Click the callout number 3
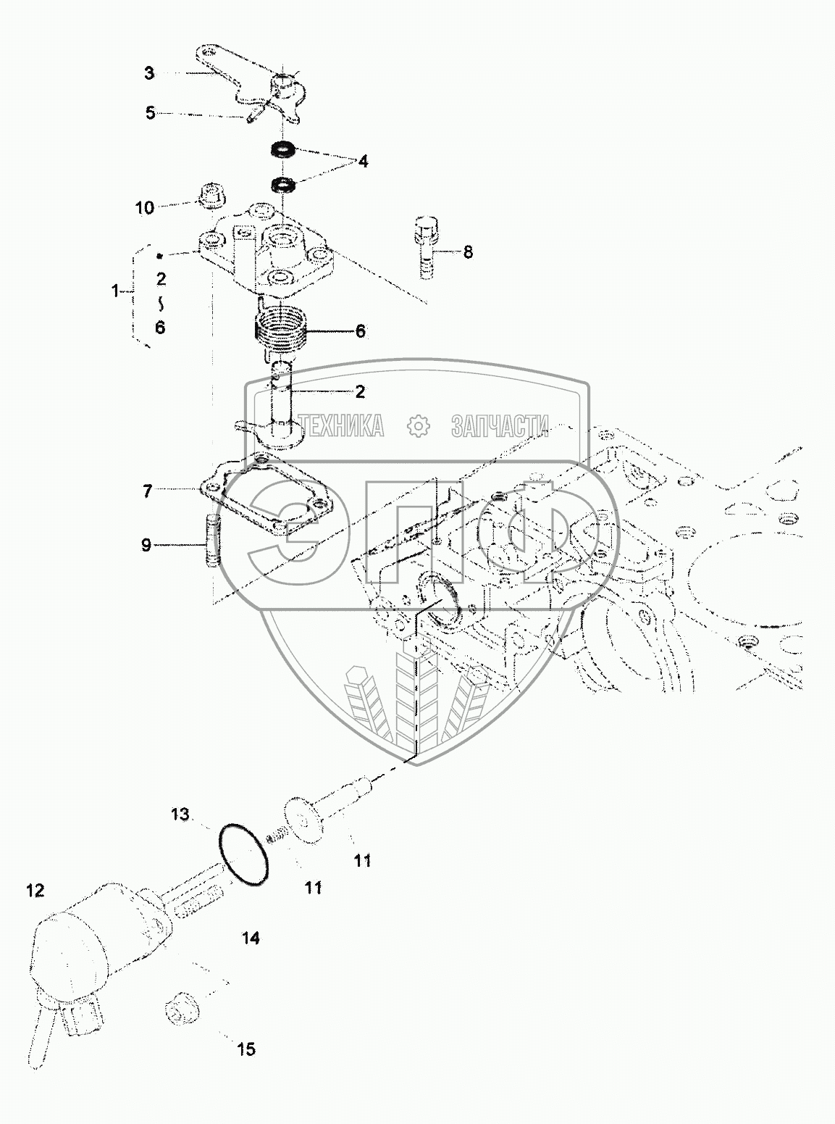pyautogui.click(x=149, y=73)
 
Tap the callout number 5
pyautogui.click(x=151, y=113)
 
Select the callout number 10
pyautogui.click(x=145, y=208)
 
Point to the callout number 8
pyautogui.click(x=468, y=252)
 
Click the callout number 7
pyautogui.click(x=148, y=492)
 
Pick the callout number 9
pyautogui.click(x=146, y=545)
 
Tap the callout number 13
pyautogui.click(x=180, y=815)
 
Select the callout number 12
pyautogui.click(x=35, y=891)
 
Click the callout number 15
pyautogui.click(x=246, y=1049)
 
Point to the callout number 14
pyautogui.click(x=251, y=938)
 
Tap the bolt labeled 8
pyautogui.click(x=425, y=246)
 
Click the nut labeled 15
pyautogui.click(x=178, y=1009)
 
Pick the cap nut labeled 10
pyautogui.click(x=211, y=196)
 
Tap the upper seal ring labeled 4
pyautogui.click(x=283, y=151)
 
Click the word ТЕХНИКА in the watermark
pyautogui.click(x=343, y=427)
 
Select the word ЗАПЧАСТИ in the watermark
pyautogui.click(x=500, y=427)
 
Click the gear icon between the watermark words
pyautogui.click(x=418, y=427)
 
